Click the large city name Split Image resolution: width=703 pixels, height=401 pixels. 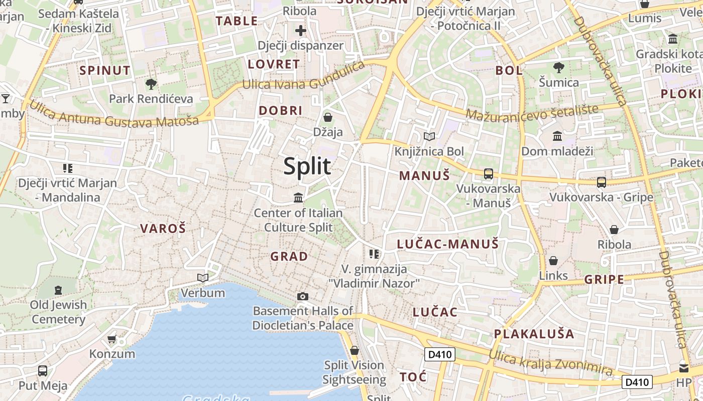coord(307,166)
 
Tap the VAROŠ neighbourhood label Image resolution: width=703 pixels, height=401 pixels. coord(163,229)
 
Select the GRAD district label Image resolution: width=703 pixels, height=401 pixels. coord(289,257)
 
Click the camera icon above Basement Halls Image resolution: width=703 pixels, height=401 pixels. coord(302,296)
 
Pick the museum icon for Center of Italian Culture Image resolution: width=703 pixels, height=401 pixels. coord(298,198)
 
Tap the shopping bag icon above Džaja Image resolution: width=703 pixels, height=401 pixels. coord(328,117)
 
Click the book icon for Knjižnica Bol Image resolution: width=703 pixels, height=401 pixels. coord(429,136)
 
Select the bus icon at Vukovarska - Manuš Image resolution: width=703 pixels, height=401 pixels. coord(488,174)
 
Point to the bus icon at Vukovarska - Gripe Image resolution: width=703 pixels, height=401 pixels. coord(601,182)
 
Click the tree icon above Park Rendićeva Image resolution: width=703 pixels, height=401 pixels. coord(151,84)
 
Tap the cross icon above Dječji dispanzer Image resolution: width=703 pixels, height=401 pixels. coord(300,31)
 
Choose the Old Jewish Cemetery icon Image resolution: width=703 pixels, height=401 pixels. coord(58,290)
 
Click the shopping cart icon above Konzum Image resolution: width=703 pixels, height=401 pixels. coord(112,339)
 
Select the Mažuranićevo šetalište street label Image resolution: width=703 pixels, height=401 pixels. coord(532,112)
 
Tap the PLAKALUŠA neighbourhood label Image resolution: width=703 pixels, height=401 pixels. coord(534,334)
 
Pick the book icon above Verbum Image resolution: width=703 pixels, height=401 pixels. coord(202,278)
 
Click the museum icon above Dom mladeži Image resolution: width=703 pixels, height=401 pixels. coord(557,136)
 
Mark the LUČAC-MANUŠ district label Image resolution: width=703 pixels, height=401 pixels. coord(448,244)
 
